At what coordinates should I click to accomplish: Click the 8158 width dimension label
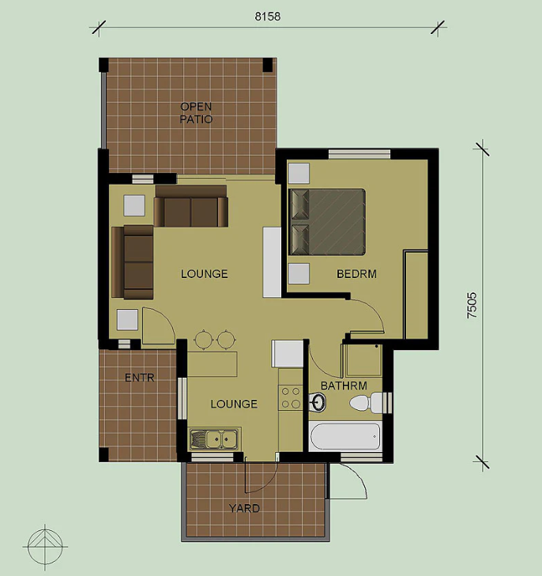pyautogui.click(x=268, y=17)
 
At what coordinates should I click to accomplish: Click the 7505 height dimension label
pyautogui.click(x=472, y=305)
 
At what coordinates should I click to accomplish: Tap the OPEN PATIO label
pyautogui.click(x=196, y=113)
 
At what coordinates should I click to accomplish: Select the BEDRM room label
pyautogui.click(x=356, y=274)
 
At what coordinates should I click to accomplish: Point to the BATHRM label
pyautogui.click(x=344, y=386)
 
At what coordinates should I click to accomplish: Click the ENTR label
pyautogui.click(x=140, y=378)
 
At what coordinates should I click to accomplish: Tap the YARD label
pyautogui.click(x=244, y=508)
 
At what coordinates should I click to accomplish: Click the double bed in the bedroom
pyautogui.click(x=327, y=222)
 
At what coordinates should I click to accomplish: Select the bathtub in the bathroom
pyautogui.click(x=344, y=437)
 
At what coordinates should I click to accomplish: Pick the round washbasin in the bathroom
pyautogui.click(x=318, y=401)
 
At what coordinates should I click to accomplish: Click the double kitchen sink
pyautogui.click(x=214, y=439)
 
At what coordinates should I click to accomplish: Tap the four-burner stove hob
pyautogui.click(x=291, y=398)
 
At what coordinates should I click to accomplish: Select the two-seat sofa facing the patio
pyautogui.click(x=190, y=206)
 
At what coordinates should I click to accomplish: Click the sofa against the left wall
pyautogui.click(x=133, y=262)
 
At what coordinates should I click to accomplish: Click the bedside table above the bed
pyautogui.click(x=299, y=173)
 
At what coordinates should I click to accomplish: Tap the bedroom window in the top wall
pyautogui.click(x=359, y=154)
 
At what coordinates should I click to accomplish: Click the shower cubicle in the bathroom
pyautogui.click(x=363, y=360)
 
